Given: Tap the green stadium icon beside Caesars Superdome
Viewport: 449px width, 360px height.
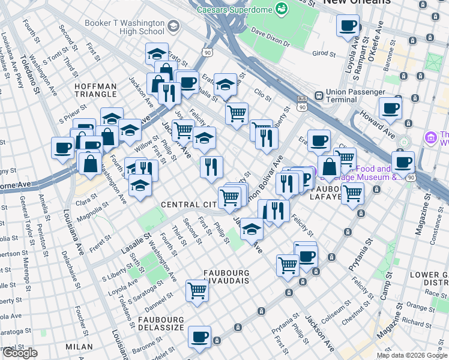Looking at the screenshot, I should [281, 8].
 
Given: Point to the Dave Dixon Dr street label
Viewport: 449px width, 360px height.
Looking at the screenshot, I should [270, 37].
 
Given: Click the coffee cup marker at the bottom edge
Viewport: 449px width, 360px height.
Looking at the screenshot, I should [199, 337].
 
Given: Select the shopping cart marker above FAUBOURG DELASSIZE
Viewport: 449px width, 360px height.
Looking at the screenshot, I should [197, 290].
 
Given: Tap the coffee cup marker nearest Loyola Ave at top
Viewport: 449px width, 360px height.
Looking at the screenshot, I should [348, 26].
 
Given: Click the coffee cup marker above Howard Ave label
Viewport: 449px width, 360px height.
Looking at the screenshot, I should [391, 109].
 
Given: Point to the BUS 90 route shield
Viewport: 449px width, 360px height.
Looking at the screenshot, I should [302, 103].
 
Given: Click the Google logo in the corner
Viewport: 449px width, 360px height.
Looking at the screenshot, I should [20, 353].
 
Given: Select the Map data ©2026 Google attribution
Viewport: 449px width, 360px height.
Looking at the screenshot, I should [412, 355].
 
